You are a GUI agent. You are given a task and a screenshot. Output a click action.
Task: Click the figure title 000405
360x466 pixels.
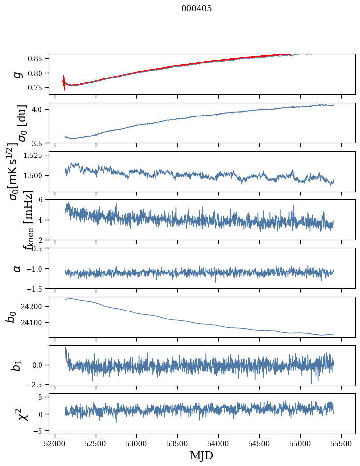pos(197,9)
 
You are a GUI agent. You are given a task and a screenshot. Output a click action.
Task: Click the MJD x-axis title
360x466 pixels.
pos(201,455)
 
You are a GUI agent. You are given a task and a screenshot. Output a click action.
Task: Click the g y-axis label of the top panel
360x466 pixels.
pos(18,74)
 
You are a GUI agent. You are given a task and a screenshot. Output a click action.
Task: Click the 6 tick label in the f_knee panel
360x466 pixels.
pos(44,200)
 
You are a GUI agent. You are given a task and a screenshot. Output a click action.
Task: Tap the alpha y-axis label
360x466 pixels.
pos(18,268)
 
